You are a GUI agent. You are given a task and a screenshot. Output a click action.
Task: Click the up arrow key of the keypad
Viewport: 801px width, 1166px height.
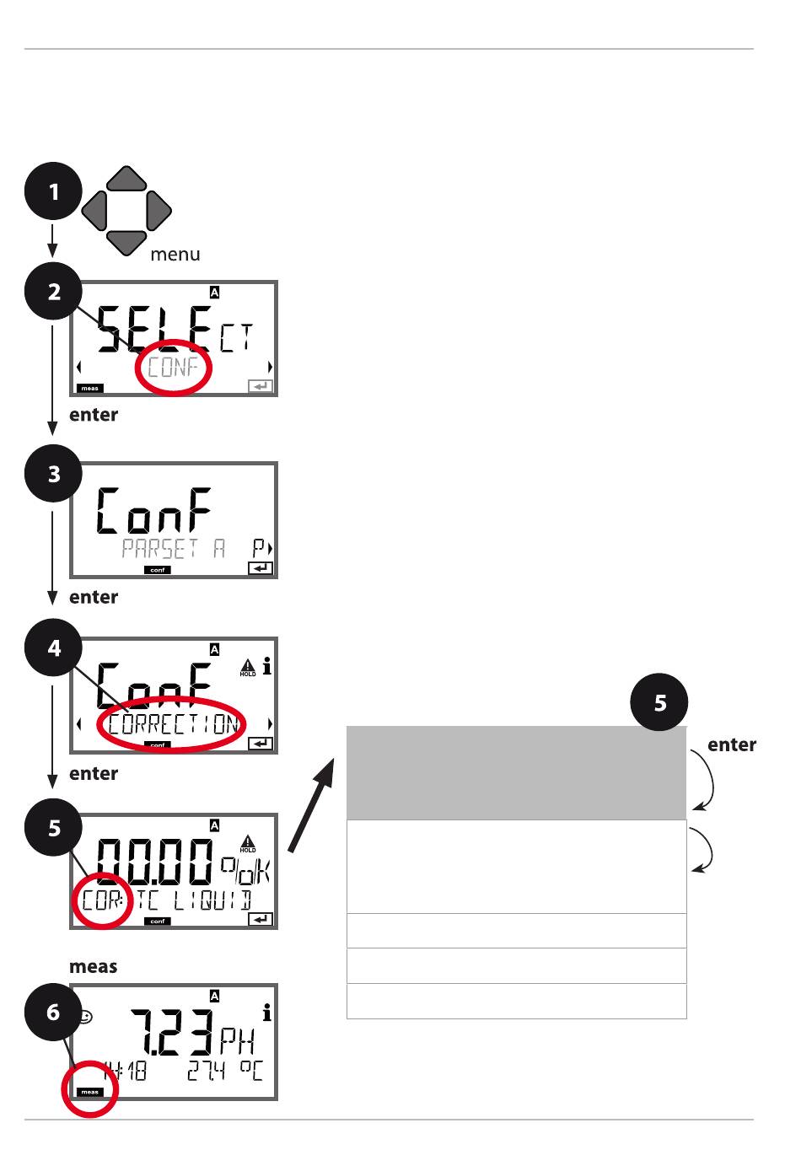[126, 180]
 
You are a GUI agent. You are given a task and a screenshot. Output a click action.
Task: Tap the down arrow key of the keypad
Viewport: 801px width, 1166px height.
[126, 242]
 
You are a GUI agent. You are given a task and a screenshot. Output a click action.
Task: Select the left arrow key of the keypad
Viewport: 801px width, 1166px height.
[95, 211]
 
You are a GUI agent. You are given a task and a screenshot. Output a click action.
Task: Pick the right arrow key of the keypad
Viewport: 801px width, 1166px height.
[158, 211]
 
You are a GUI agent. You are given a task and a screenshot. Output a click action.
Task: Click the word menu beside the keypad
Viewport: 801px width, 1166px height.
[175, 255]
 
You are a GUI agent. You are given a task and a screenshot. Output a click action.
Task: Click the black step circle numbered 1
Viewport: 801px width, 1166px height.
[53, 192]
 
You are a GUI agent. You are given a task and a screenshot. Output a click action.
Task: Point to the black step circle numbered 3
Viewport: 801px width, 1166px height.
[53, 474]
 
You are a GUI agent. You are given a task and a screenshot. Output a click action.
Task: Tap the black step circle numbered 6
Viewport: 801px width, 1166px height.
[53, 1011]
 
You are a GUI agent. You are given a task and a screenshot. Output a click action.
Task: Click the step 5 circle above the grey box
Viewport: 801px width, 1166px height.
[659, 701]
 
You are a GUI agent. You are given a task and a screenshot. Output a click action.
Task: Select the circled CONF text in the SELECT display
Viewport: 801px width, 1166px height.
[173, 368]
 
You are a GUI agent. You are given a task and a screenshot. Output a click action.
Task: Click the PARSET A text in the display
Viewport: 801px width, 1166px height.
[173, 549]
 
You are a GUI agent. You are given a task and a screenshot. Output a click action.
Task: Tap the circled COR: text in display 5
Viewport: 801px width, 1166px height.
[102, 900]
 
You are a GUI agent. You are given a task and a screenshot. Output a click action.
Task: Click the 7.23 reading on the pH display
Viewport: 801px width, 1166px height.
[173, 1030]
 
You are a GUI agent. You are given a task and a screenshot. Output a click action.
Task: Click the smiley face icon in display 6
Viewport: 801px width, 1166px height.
[85, 1018]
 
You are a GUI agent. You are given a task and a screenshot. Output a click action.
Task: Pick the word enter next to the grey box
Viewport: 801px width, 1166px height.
[731, 745]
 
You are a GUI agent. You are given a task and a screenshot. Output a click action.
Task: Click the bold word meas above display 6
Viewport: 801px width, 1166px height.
[94, 967]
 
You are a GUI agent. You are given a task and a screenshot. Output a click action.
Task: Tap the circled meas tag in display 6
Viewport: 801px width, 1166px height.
[89, 1092]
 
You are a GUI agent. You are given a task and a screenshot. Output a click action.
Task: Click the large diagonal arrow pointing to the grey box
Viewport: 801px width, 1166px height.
[312, 805]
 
